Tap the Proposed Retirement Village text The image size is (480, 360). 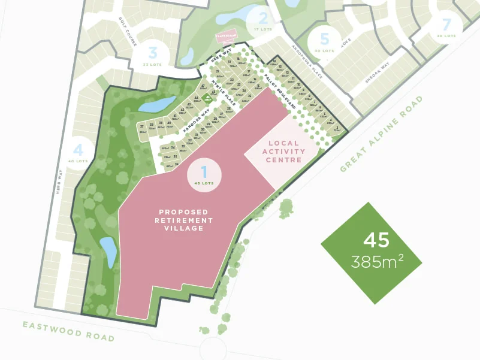tap(184, 220)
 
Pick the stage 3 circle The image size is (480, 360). tap(153, 55)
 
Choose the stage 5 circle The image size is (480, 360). tap(325, 43)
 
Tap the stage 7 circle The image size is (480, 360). tap(445, 28)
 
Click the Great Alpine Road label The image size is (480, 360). tap(381, 134)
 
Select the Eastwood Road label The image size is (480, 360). tap(68, 331)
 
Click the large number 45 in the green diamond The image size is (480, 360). tap(376, 240)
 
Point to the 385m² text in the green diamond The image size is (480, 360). tap(377, 262)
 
